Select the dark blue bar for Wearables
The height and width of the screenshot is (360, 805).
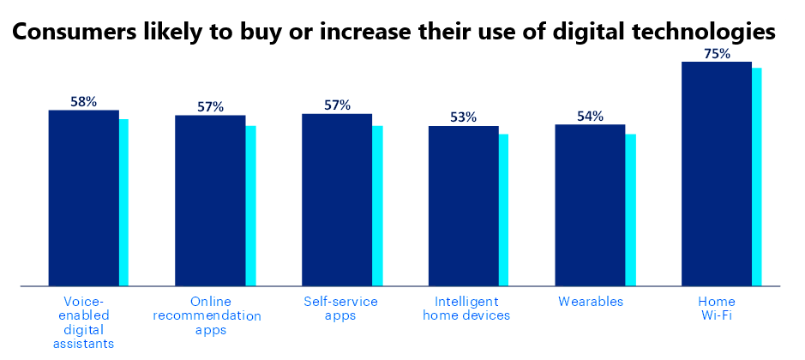[x=590, y=205]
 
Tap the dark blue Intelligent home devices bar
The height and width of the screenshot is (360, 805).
[x=463, y=206]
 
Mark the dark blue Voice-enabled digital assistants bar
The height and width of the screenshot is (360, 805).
[x=83, y=198]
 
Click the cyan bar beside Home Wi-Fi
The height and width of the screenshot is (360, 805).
[x=757, y=177]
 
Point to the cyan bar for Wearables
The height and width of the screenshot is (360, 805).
[x=631, y=210]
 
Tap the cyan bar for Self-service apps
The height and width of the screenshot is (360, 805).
[x=377, y=206]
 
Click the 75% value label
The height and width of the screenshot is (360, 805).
[x=717, y=53]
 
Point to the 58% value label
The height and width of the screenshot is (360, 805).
[x=83, y=101]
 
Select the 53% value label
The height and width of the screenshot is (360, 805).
[x=463, y=117]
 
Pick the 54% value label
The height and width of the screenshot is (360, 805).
[x=590, y=116]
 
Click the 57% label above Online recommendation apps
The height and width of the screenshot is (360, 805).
[x=210, y=106]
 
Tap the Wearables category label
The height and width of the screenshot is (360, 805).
[x=590, y=302]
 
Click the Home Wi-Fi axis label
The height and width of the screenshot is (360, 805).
[x=717, y=309]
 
